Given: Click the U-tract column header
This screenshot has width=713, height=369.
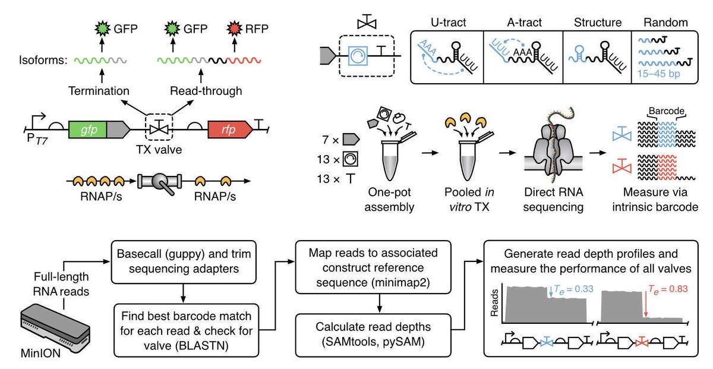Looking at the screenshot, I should coord(447,23).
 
